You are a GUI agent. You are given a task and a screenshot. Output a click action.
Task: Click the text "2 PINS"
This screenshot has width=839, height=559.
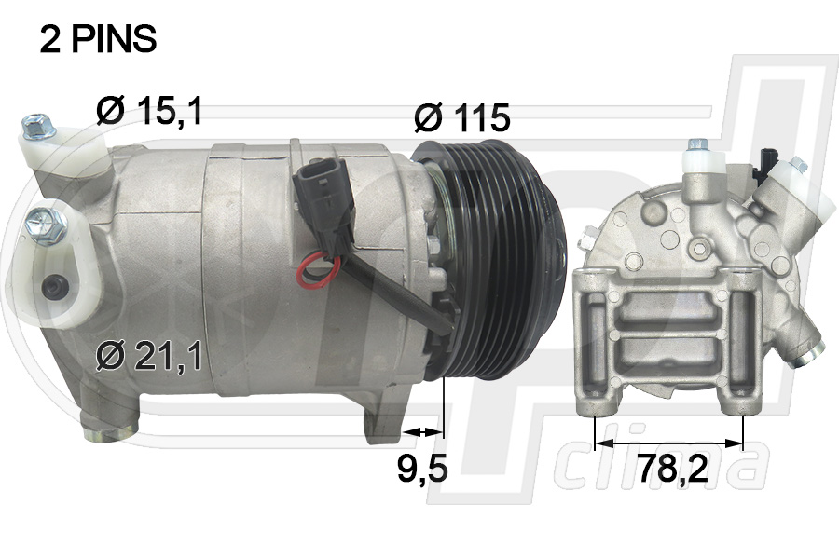(98, 40)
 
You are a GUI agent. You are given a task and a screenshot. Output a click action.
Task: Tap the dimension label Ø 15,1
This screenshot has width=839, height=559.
(149, 110)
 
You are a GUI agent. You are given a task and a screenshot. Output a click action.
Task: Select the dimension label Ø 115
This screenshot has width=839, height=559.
(461, 117)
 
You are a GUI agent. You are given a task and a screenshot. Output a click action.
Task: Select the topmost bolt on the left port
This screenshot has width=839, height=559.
(37, 122)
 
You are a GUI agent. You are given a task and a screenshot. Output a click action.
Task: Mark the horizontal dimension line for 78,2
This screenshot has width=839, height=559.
(668, 443)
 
